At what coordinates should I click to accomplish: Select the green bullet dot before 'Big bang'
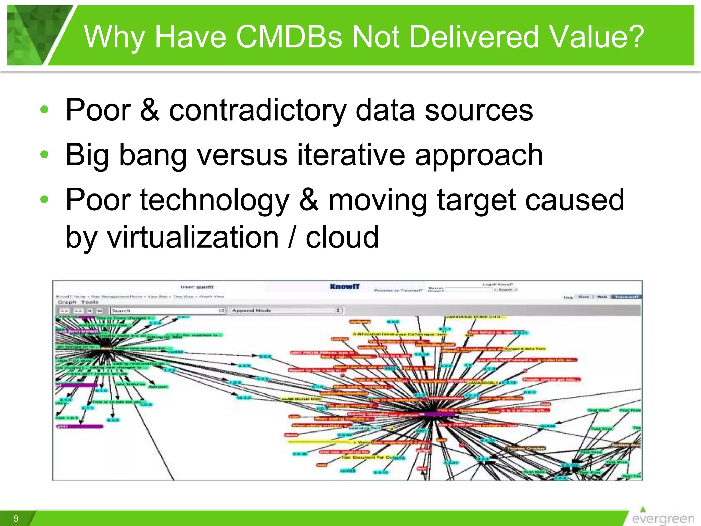(x=44, y=154)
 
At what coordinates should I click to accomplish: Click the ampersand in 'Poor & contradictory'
(x=150, y=110)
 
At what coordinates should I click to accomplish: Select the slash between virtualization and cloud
(x=292, y=237)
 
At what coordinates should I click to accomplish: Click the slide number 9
(x=16, y=518)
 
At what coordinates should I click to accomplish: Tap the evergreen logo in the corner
(x=662, y=517)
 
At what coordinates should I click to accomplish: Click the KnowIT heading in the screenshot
(x=345, y=287)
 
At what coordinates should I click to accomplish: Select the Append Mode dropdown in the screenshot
(x=286, y=310)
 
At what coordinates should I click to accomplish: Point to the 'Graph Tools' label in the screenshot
(x=78, y=302)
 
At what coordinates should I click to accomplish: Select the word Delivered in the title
(x=474, y=37)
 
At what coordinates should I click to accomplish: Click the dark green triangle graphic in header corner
(x=34, y=34)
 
